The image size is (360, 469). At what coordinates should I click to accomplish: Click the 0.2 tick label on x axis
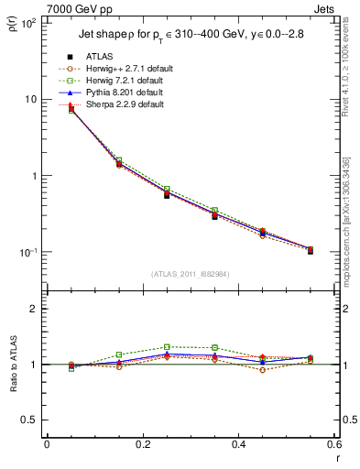(142, 443)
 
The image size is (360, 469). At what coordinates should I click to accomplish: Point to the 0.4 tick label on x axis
(238, 443)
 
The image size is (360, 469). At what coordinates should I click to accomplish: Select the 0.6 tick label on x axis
(333, 443)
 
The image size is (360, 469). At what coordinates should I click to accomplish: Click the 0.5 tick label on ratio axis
(29, 420)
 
